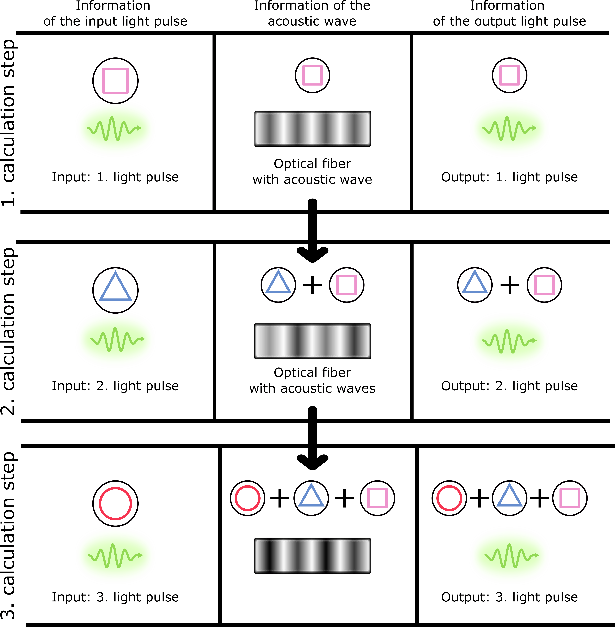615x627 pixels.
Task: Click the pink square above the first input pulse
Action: pyautogui.click(x=115, y=80)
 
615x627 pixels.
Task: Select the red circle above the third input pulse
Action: pyautogui.click(x=115, y=503)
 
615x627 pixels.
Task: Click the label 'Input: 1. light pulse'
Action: pyautogui.click(x=115, y=177)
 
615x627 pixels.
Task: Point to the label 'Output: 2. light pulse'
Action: pyautogui.click(x=509, y=386)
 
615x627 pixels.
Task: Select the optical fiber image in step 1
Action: pyautogui.click(x=312, y=129)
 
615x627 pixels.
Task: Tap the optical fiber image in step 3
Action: pyautogui.click(x=312, y=556)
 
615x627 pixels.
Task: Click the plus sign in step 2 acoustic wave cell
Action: pyautogui.click(x=312, y=285)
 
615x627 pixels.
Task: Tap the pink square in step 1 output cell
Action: pyautogui.click(x=509, y=75)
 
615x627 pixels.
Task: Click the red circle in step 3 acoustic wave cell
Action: pyautogui.click(x=247, y=498)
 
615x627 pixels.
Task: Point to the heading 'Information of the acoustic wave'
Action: pyautogui.click(x=312, y=14)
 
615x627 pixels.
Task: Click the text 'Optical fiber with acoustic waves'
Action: pyautogui.click(x=312, y=380)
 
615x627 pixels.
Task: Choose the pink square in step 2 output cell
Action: pyautogui.click(x=544, y=285)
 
